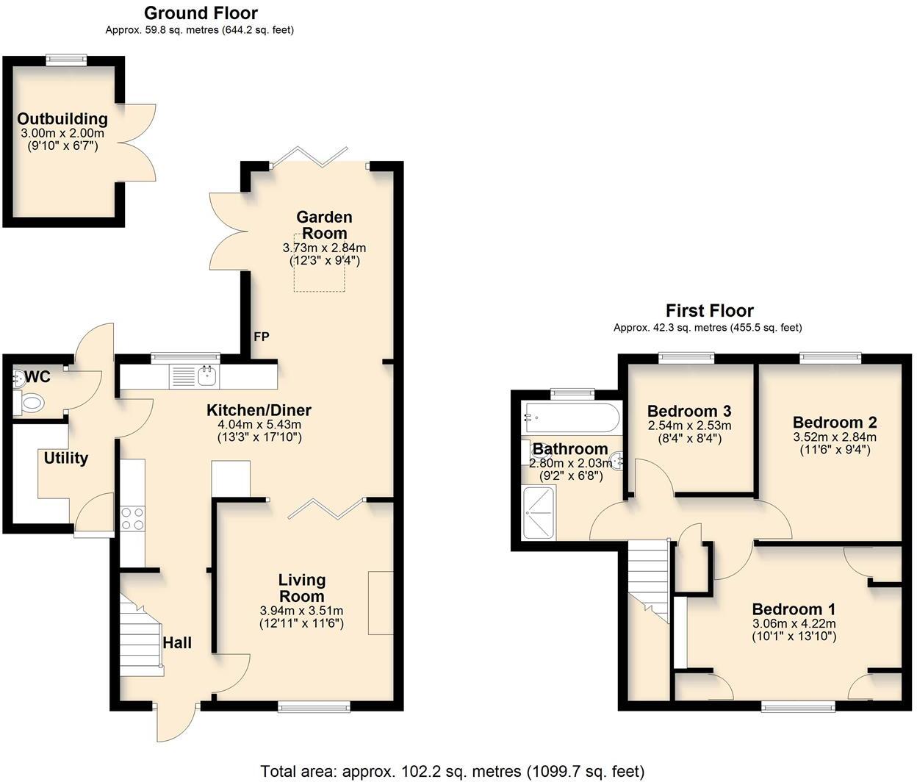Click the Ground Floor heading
[x=201, y=13]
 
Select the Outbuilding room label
[x=62, y=119]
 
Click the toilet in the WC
[x=31, y=402]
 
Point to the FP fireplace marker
[x=261, y=337]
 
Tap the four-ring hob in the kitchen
[x=132, y=519]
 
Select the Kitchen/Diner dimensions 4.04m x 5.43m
[x=259, y=425]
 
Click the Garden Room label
[x=324, y=225]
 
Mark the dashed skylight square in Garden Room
[x=320, y=263]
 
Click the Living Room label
[x=302, y=588]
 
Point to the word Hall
[x=176, y=643]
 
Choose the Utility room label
[x=66, y=459]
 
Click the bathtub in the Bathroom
[x=570, y=417]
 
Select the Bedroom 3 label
[x=689, y=411]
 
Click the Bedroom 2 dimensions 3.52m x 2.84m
[x=834, y=437]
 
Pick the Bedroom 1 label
[x=794, y=609]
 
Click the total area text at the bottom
[x=453, y=771]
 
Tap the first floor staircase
[x=648, y=581]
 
